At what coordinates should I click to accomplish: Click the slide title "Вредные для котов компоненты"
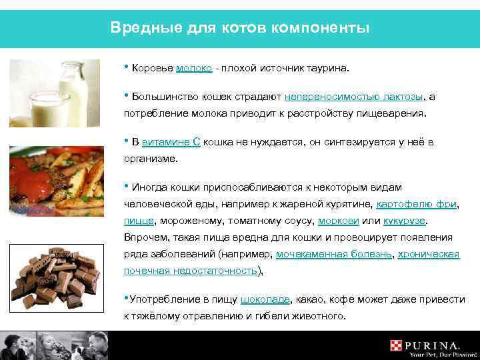coord(239,28)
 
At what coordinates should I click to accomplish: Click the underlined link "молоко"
coord(195,68)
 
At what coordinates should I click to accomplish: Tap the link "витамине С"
coord(171,143)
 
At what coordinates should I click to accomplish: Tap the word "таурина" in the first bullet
coord(329,68)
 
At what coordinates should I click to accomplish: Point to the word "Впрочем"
coord(143,237)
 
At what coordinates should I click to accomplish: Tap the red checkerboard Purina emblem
coord(398,346)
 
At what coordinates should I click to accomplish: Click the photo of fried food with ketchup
coord(56,181)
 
